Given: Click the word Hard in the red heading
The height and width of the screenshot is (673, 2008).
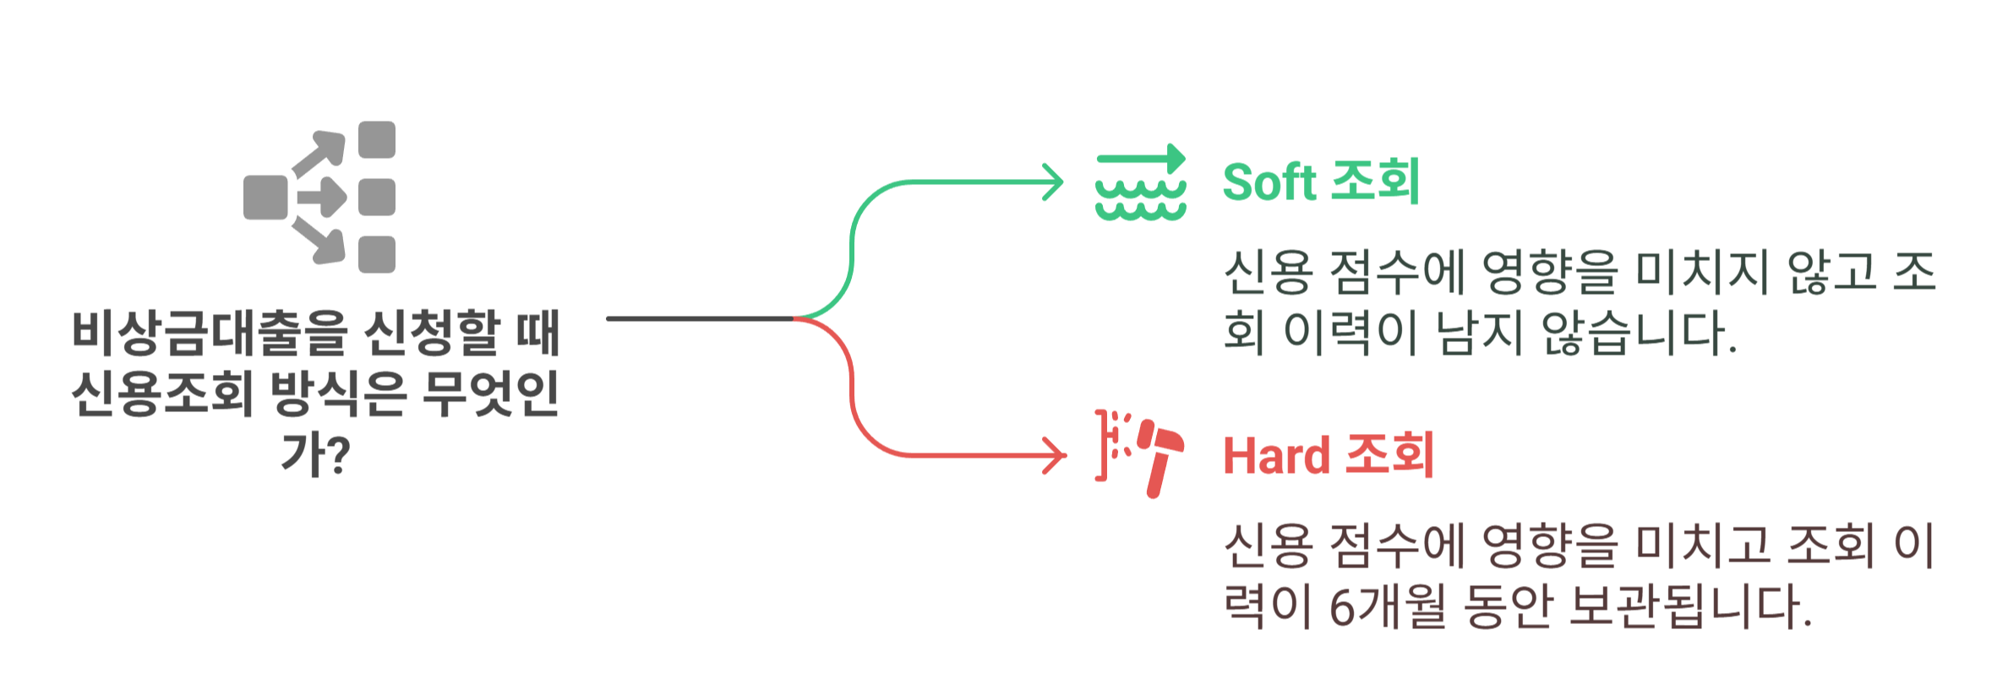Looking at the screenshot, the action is [x=1276, y=456].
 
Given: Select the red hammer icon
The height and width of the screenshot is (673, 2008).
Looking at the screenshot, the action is [x=1158, y=456].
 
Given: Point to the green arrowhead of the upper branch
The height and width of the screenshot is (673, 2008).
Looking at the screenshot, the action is [x=1055, y=182].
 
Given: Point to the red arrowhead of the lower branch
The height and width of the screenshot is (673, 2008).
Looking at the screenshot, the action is [x=1056, y=456].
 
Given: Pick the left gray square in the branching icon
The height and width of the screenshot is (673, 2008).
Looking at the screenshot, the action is [x=265, y=198].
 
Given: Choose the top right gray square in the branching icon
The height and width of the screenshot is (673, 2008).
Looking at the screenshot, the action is [x=377, y=140].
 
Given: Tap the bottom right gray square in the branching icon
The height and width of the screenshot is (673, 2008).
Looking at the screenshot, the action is [x=377, y=255].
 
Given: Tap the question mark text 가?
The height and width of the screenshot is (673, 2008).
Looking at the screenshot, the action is [x=315, y=454].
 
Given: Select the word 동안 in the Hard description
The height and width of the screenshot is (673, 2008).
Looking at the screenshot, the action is [x=1509, y=606].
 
